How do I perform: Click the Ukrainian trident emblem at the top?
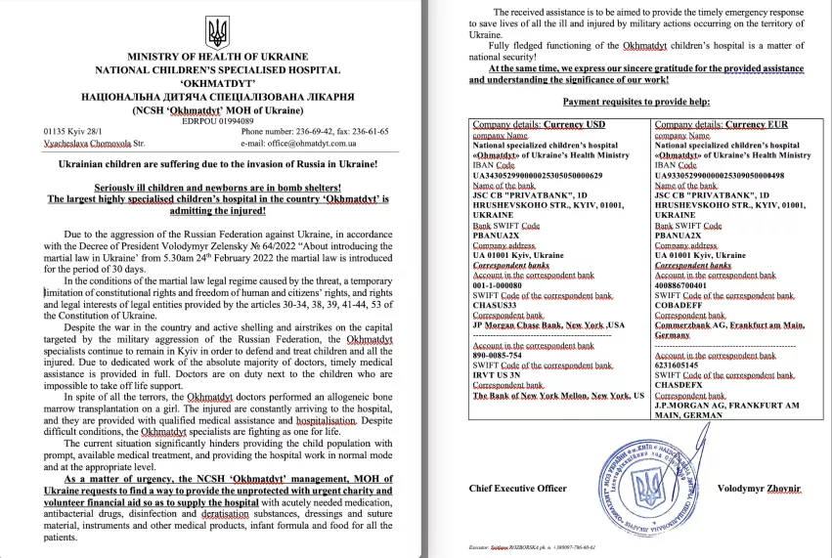click(218, 34)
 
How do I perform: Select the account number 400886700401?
click(687, 284)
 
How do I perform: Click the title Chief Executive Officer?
click(518, 487)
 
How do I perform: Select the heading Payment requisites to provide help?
click(635, 102)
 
